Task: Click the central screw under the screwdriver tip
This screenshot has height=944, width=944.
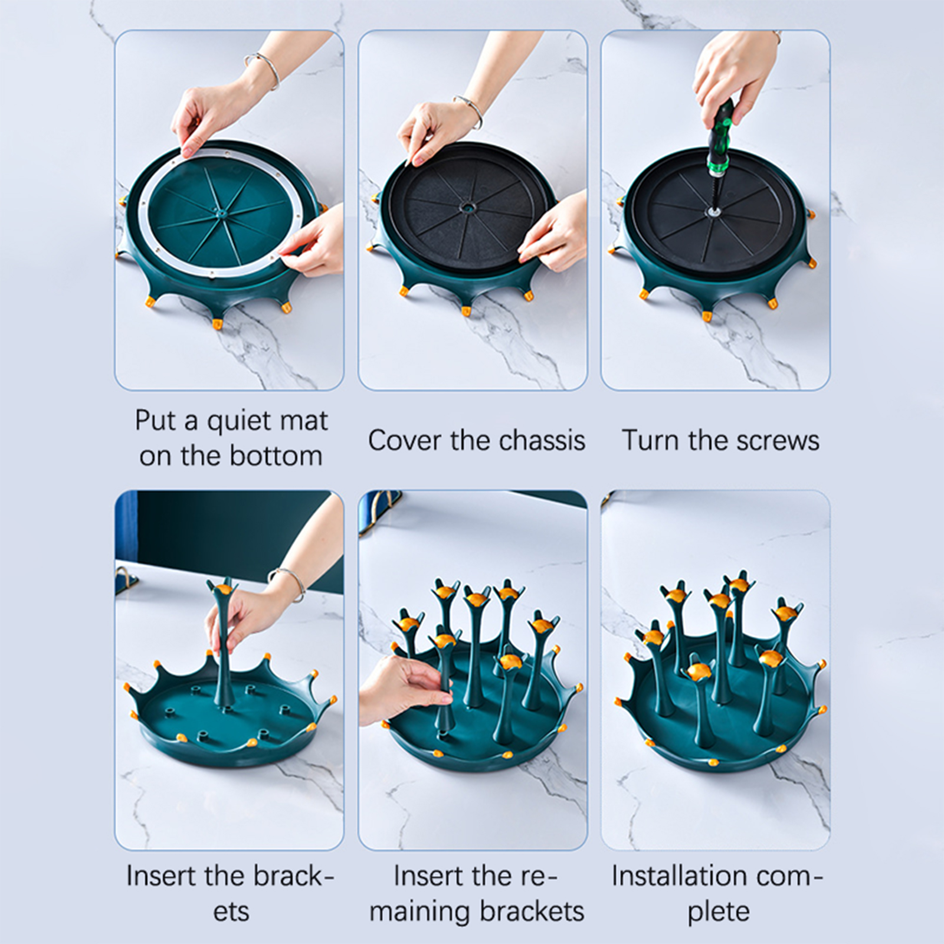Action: (711, 210)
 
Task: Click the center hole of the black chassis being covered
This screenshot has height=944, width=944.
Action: (468, 208)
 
